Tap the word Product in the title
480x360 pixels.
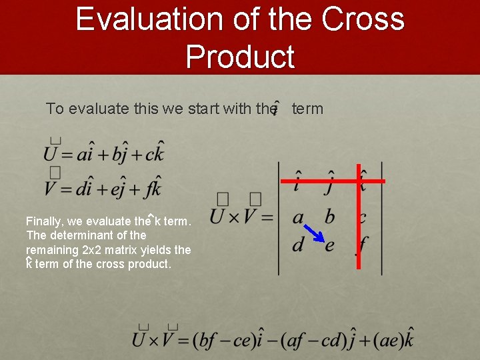[240, 57]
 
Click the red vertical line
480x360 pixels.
[359, 220]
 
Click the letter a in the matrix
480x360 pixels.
[298, 217]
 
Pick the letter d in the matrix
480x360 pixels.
[298, 244]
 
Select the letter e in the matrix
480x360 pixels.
[329, 245]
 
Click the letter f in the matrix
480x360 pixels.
[362, 245]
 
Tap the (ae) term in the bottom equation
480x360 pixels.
[388, 340]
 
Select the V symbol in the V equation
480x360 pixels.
[51, 189]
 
